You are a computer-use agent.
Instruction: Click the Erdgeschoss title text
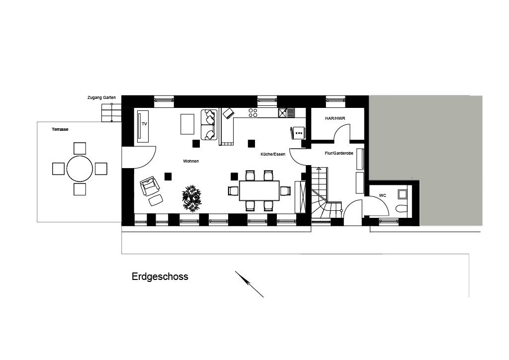point(160,277)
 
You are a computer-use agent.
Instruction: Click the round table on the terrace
point(80,169)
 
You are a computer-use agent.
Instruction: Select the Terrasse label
point(60,129)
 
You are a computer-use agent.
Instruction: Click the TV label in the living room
point(145,123)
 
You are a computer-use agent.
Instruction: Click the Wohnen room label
point(190,161)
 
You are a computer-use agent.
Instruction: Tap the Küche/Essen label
point(272,155)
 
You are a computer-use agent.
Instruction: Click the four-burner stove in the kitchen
point(253,113)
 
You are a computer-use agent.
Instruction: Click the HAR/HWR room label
point(335,118)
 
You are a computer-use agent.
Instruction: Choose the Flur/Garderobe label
point(339,154)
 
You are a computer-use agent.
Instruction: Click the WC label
point(382,196)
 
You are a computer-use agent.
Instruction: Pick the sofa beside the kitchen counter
point(209,124)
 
